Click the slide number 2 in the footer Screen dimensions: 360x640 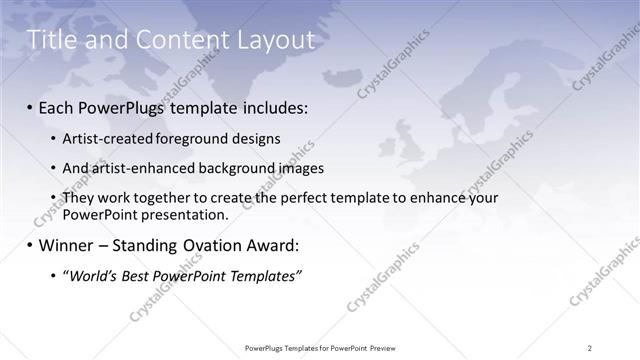click(590, 347)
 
